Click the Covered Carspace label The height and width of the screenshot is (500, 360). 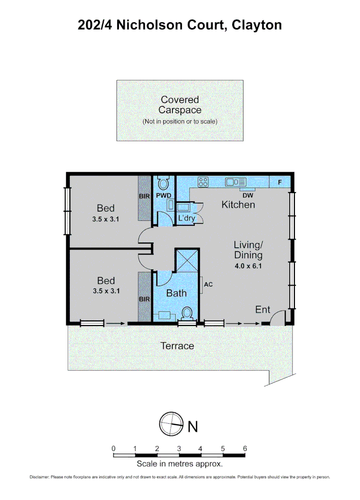pyautogui.click(x=180, y=105)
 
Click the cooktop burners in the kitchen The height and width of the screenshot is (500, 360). pyautogui.click(x=203, y=182)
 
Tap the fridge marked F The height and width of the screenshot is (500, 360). pyautogui.click(x=279, y=182)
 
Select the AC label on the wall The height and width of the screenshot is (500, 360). pyautogui.click(x=208, y=284)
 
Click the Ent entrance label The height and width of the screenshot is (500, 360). pyautogui.click(x=262, y=309)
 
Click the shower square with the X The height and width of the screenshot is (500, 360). pyautogui.click(x=187, y=261)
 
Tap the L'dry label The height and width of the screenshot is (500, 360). pyautogui.click(x=186, y=218)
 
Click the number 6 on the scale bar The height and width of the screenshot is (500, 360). pyautogui.click(x=245, y=448)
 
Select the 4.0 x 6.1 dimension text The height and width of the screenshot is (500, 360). pyautogui.click(x=248, y=266)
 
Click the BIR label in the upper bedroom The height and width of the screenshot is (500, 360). pyautogui.click(x=144, y=196)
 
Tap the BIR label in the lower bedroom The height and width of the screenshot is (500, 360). pyautogui.click(x=144, y=300)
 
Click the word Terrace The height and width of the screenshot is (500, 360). pyautogui.click(x=177, y=346)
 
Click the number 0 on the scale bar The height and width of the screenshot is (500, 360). pyautogui.click(x=113, y=448)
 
